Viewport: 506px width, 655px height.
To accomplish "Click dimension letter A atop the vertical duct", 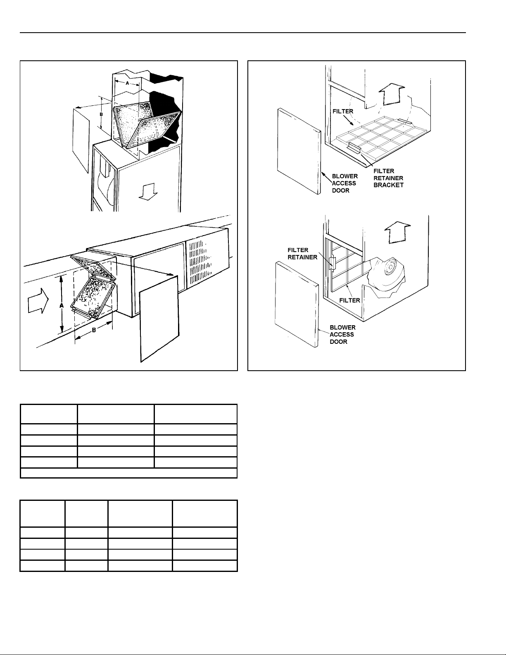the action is [128, 83].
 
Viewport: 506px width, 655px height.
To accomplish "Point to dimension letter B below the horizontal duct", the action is [94, 330].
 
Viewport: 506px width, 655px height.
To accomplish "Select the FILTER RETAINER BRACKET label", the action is [388, 178].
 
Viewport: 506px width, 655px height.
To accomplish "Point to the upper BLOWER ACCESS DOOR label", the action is [344, 183].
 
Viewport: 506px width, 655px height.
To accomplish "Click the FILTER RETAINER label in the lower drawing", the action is [302, 254].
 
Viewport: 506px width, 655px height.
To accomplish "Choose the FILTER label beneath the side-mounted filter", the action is [349, 300].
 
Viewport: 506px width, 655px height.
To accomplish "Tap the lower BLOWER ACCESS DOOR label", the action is [342, 334].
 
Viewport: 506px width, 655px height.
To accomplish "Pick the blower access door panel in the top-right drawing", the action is [299, 151].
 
